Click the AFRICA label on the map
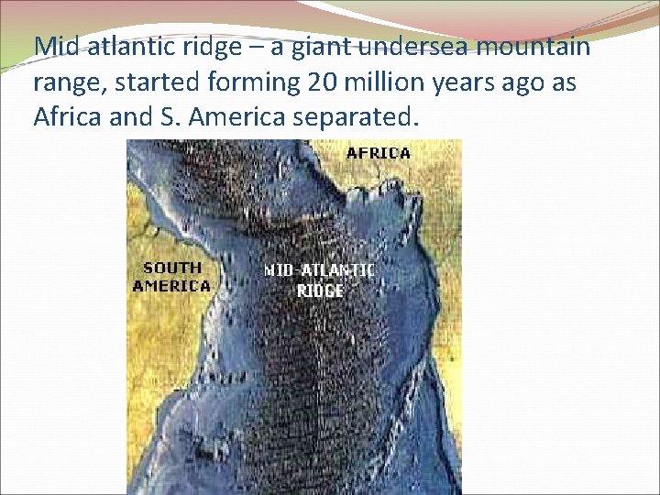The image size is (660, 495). coord(379,153)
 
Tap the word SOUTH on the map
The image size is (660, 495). coord(172,268)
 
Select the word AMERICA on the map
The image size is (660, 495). coord(172,285)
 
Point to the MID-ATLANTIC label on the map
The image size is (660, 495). coord(319,270)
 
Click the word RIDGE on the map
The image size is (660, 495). coord(320,290)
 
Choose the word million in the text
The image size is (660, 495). coord(383,82)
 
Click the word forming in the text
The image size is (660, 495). coord(248,82)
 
